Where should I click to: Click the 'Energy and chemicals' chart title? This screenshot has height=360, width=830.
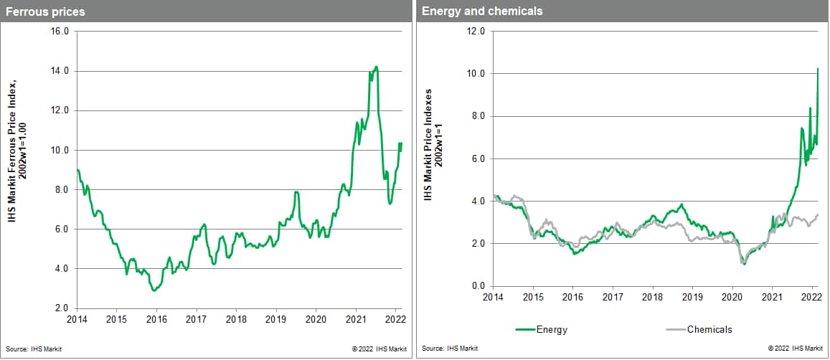482,11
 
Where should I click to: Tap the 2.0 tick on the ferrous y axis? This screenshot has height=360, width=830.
61,308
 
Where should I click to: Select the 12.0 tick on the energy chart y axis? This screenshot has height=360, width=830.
476,32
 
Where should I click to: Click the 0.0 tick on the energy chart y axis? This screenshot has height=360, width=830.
478,286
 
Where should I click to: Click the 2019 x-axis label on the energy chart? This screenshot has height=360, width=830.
692,296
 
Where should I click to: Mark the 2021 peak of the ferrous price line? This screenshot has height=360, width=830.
377,67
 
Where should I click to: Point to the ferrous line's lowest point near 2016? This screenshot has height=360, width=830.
154,290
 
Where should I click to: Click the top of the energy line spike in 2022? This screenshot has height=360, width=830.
819,69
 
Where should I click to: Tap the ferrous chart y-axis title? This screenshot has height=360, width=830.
17,170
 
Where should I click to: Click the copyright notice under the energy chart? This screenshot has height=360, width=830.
794,349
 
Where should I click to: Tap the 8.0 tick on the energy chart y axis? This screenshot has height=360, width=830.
478,116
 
